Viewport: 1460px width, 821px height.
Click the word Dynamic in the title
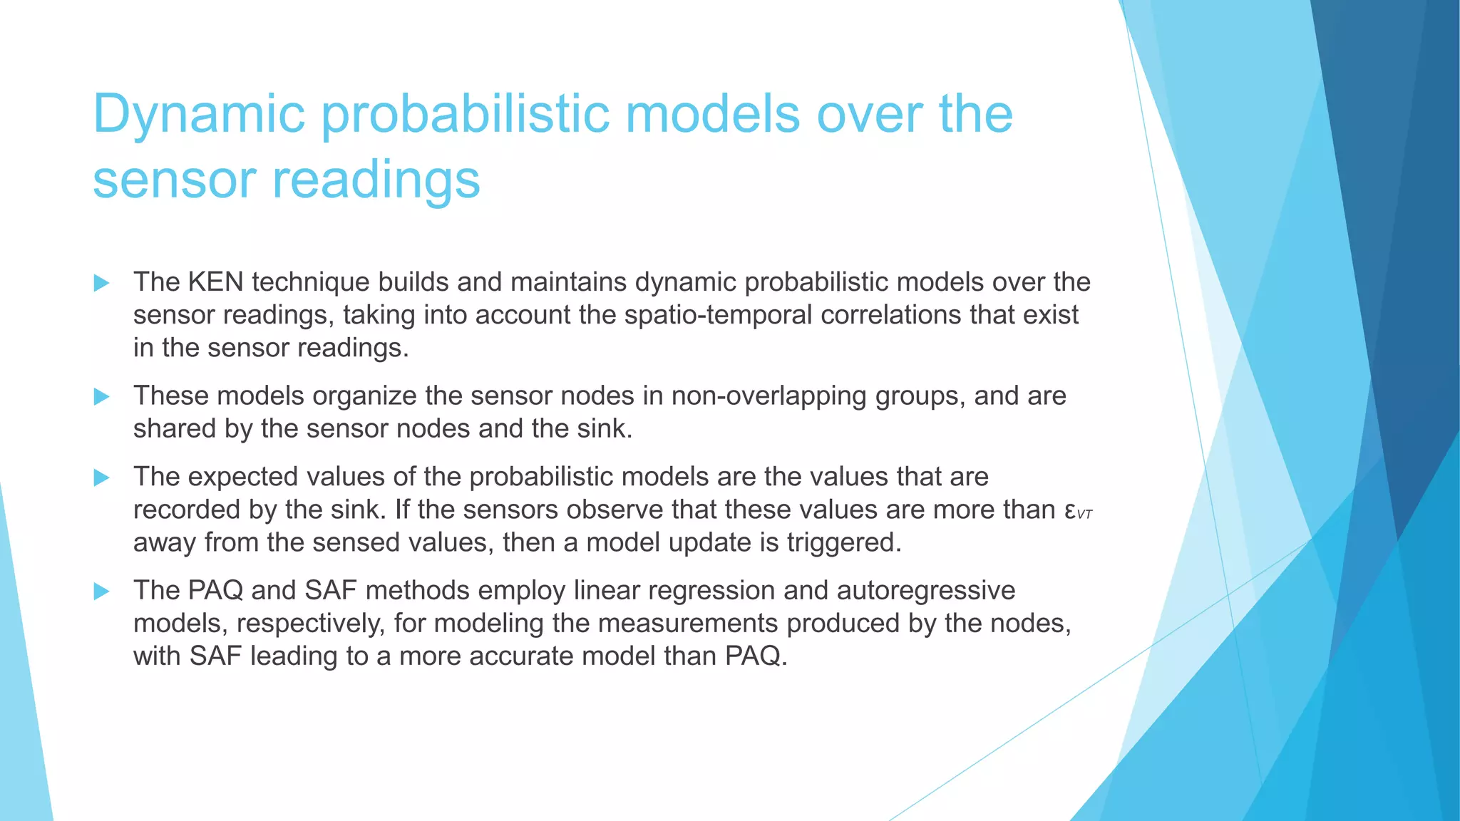tap(199, 114)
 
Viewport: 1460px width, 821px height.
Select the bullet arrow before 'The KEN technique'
tap(102, 283)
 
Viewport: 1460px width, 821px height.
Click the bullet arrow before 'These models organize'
tap(102, 396)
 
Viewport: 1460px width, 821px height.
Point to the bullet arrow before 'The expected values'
tap(102, 477)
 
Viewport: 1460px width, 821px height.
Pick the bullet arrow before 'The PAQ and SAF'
tap(102, 591)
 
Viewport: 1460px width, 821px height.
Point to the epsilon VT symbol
tap(1077, 511)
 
